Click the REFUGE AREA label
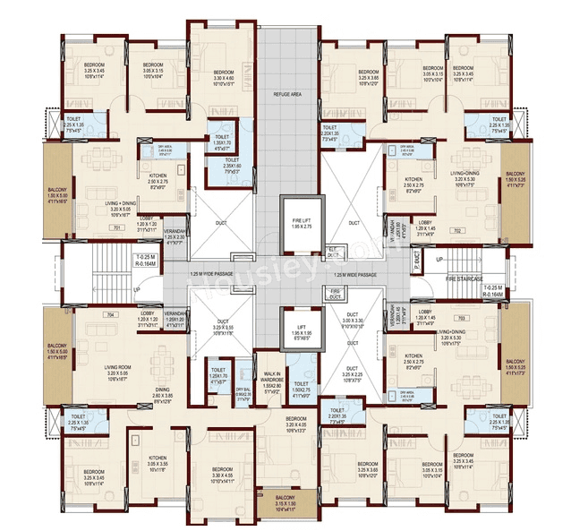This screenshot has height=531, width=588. pos(289,94)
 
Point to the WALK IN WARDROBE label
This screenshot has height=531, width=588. pos(273,380)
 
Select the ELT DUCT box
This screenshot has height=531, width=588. pos(333,252)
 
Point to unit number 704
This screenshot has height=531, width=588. pos(111,315)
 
